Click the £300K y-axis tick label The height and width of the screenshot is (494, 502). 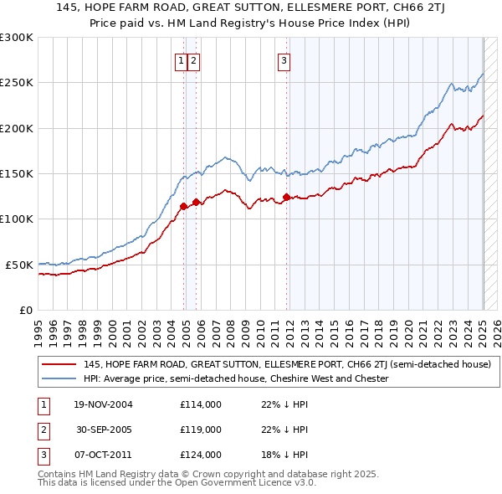pos(18,38)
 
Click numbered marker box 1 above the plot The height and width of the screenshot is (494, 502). pos(181,60)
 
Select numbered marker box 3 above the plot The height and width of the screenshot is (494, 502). pos(284,60)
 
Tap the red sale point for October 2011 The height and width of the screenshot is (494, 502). pos(286,197)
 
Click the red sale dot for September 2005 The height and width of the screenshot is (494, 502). pos(196,202)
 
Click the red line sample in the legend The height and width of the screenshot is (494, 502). pos(59,365)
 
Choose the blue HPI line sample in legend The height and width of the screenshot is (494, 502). pos(59,378)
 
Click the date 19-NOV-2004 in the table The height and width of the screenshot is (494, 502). pos(104,405)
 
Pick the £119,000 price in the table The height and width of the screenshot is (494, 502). pos(201,430)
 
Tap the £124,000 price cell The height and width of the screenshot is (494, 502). pos(201,455)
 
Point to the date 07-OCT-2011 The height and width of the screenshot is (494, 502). pos(104,455)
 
